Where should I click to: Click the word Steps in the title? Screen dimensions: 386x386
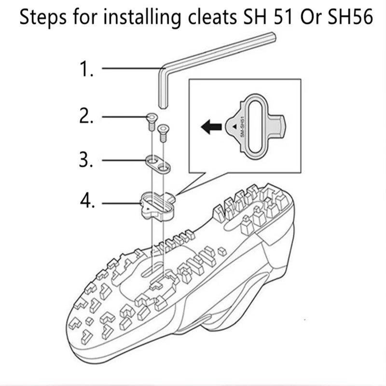[x=43, y=17]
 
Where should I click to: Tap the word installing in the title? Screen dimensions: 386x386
[x=141, y=17]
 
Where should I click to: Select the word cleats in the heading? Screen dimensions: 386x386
[x=212, y=17]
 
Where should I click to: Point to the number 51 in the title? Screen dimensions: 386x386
[x=284, y=17]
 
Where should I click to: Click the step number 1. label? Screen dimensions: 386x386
[x=86, y=69]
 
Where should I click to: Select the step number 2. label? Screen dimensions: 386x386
[x=86, y=116]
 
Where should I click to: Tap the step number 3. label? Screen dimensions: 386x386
[x=86, y=160]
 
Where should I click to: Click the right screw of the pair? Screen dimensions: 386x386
[x=163, y=133]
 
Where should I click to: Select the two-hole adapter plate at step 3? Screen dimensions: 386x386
[x=158, y=165]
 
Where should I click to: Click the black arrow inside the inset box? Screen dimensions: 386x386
[x=211, y=127]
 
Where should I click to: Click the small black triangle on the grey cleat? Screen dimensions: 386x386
[x=234, y=126]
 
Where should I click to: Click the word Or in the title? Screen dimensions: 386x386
[x=311, y=17]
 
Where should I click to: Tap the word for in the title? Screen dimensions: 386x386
[x=85, y=17]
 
